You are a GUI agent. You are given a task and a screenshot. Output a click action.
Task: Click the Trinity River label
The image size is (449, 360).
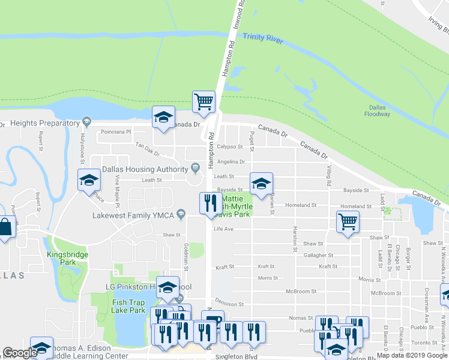pos(262,38)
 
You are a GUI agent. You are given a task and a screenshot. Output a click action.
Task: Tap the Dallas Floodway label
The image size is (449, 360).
pos(379,110)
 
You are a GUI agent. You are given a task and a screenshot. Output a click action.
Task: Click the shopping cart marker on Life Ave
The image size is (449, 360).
pos(348,221)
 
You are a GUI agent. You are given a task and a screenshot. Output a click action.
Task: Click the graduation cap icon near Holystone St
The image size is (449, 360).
pos(89,179)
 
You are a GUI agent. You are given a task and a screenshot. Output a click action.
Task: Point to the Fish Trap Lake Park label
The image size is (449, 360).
pos(128,306)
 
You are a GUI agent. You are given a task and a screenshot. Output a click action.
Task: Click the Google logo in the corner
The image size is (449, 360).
pos(20,353)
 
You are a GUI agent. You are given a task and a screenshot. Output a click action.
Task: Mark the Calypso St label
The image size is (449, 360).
pos(230,146)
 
